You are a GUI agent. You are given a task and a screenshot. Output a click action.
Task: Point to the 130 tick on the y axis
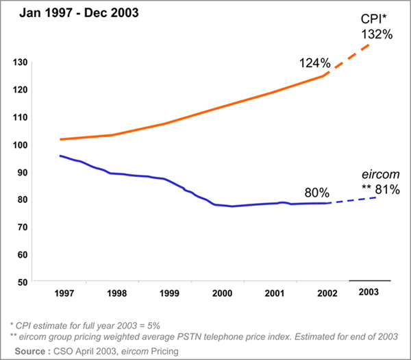[19, 62]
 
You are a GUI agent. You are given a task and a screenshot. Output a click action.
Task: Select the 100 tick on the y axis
[19, 145]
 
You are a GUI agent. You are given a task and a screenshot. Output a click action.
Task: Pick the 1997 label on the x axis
[65, 296]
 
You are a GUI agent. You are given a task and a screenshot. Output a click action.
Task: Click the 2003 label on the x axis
[370, 292]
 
